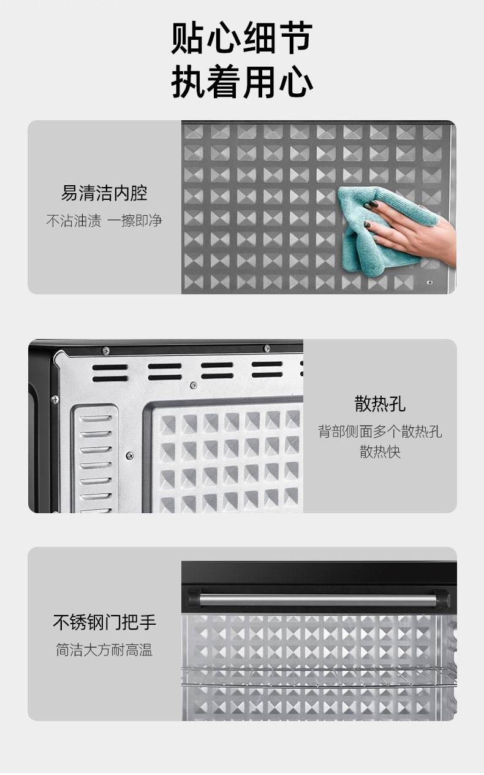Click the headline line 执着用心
coord(242,82)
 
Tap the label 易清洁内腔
coord(104,193)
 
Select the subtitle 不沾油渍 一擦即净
coord(104,220)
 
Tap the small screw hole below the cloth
coord(429,282)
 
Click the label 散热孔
coord(380,403)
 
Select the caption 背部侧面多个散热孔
coord(380,432)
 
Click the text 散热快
coord(380,451)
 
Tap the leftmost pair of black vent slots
coord(110,373)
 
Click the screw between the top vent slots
coord(194,384)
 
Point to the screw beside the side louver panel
coord(130,456)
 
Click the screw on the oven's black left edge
coord(55,400)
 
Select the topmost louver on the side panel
coord(96,419)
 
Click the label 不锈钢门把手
coord(104,622)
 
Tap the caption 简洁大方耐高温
coord(104,650)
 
